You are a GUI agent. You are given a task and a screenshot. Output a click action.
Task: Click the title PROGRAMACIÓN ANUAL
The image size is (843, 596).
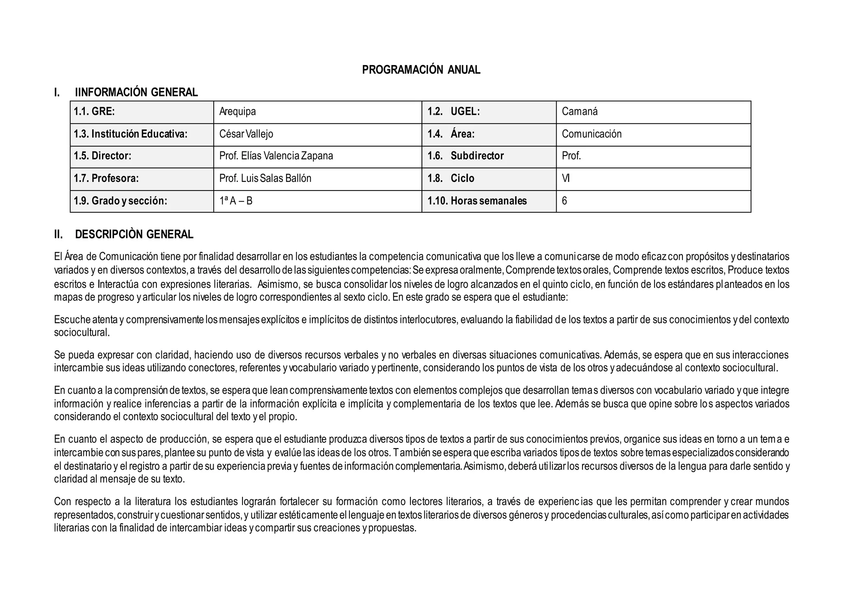tap(421, 70)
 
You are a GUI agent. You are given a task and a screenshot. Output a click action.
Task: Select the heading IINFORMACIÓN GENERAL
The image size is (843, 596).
tap(136, 92)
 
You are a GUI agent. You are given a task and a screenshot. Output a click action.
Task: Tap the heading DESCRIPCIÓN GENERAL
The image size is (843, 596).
tap(134, 235)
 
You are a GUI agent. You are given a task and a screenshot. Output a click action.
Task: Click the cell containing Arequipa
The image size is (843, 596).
tap(238, 112)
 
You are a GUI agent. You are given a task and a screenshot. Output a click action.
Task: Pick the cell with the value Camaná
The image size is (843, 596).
tap(580, 112)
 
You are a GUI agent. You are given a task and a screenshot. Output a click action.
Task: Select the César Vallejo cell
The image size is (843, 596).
tap(246, 134)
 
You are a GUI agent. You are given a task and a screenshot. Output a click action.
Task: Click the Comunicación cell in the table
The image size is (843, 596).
tap(591, 134)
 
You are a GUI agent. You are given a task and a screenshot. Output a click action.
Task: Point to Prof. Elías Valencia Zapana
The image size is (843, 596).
tap(276, 156)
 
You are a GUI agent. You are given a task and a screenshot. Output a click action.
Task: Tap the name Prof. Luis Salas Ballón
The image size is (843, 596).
tap(265, 179)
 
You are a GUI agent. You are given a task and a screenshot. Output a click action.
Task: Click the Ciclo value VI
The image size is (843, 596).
tap(566, 179)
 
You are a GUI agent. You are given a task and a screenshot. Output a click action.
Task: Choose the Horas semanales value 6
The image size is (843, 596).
tap(564, 201)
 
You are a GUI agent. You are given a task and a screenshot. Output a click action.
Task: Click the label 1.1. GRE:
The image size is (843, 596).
tap(94, 112)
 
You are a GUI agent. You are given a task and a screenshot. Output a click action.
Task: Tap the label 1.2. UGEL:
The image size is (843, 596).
tap(454, 112)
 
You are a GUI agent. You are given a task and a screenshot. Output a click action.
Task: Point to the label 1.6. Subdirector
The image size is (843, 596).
tap(466, 156)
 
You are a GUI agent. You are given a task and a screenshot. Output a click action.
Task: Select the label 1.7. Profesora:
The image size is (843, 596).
tap(106, 179)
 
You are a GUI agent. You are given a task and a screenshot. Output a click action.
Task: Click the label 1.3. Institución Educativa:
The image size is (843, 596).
tap(130, 134)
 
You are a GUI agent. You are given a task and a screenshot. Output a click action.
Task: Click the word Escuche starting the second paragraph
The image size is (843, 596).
tap(72, 320)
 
